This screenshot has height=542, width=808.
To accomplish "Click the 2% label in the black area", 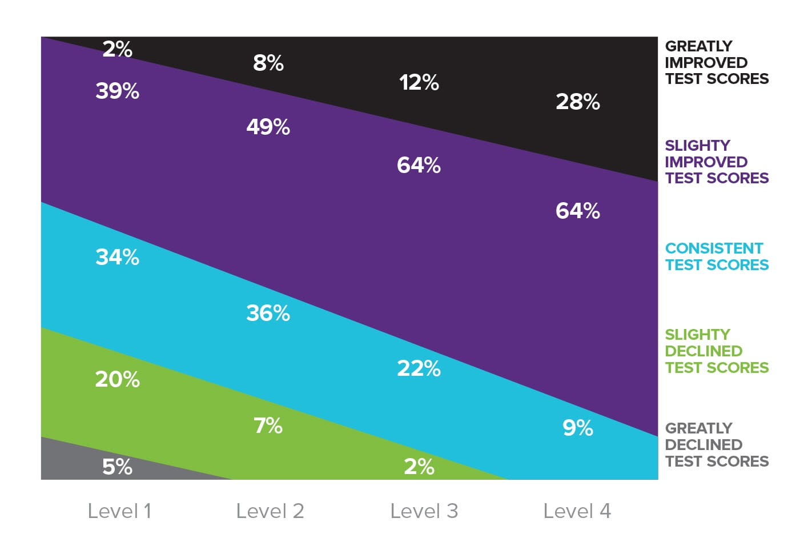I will [x=118, y=50].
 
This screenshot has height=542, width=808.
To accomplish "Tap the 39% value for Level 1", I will [x=118, y=91].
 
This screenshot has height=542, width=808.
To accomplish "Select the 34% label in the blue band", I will [x=118, y=257].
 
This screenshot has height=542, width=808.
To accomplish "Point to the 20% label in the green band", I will [x=118, y=379].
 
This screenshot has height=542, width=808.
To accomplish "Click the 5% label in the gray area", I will [x=118, y=467].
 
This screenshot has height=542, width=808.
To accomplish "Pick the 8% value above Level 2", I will [x=268, y=63].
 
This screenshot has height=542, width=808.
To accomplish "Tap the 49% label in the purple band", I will [x=268, y=127].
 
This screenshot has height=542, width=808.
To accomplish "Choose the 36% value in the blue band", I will [x=268, y=313].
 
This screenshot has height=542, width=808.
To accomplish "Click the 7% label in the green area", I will [x=268, y=425].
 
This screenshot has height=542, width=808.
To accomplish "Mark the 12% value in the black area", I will [x=419, y=83].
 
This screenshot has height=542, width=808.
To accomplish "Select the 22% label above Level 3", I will [x=419, y=368].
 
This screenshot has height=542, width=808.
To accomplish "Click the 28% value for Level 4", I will [x=578, y=102].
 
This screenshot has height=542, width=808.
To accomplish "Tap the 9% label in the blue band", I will [x=578, y=428].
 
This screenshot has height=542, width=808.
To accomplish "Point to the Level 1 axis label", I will [x=119, y=511].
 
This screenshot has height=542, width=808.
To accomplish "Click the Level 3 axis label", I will [x=424, y=511].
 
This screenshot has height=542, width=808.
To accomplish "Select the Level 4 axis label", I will [x=577, y=511].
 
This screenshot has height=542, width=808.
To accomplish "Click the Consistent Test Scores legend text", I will [x=717, y=256].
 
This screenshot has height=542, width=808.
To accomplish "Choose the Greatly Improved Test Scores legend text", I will [x=717, y=62].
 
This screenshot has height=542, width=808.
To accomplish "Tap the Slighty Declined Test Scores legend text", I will [x=717, y=351].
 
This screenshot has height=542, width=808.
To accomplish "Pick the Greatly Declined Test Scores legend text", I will [x=717, y=444].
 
